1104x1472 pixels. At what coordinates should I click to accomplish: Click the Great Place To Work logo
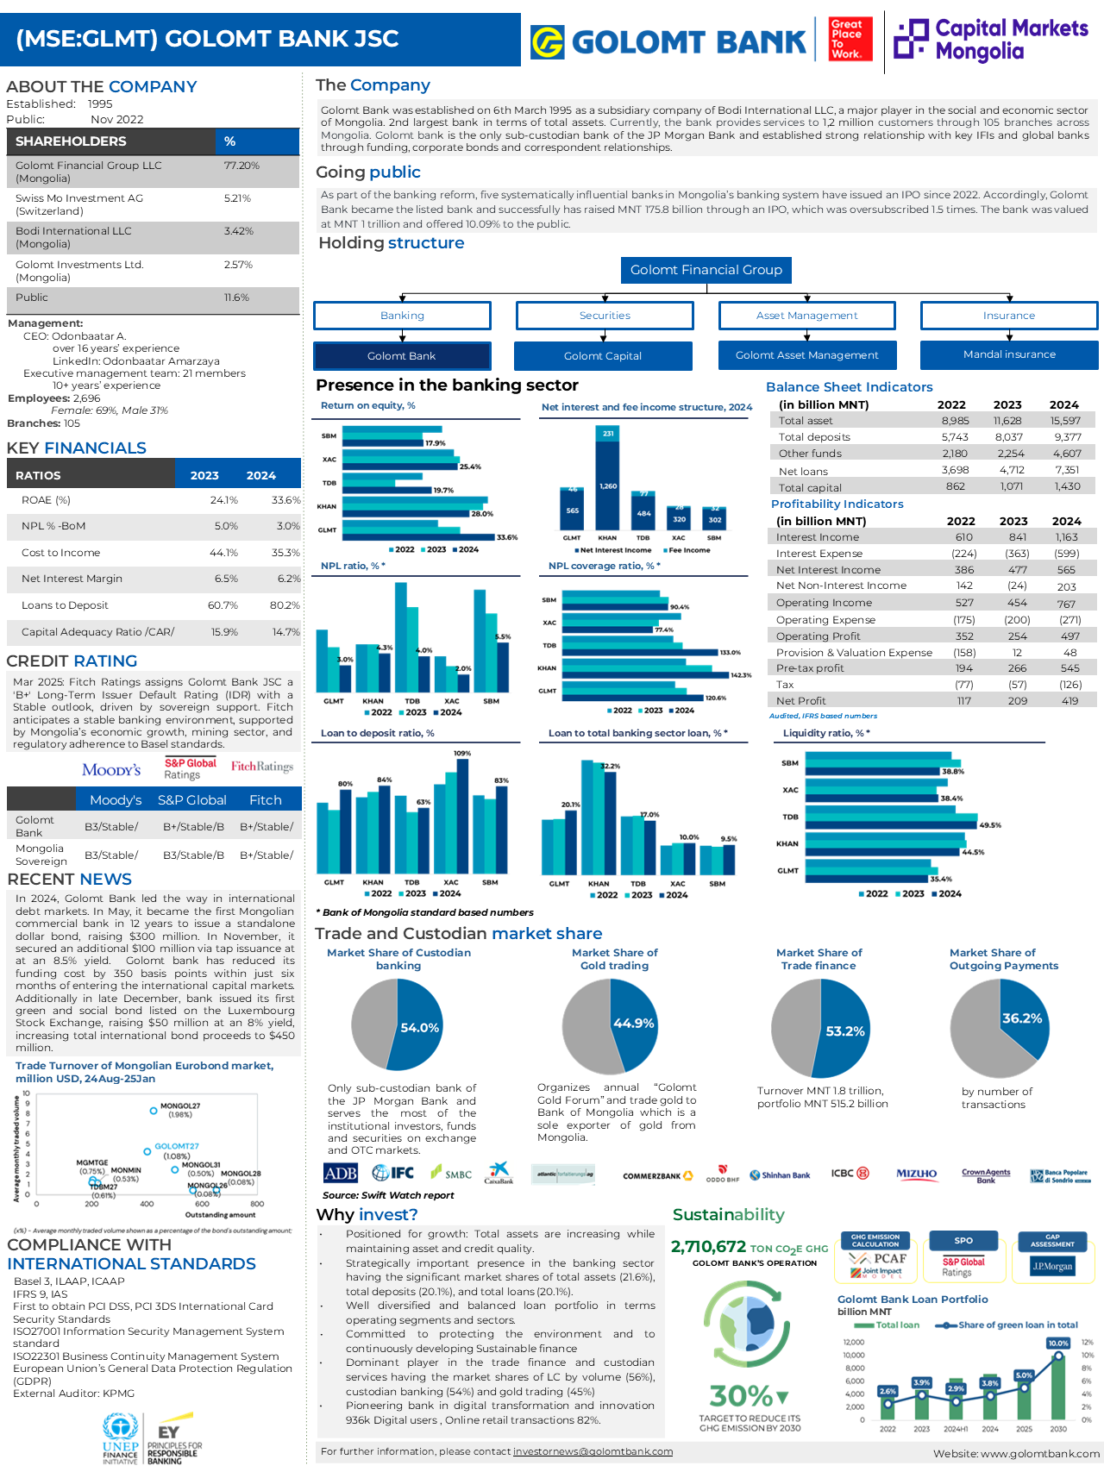click(850, 40)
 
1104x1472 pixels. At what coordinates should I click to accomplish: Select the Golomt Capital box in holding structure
click(603, 355)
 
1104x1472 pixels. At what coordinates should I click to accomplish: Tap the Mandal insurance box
click(1009, 354)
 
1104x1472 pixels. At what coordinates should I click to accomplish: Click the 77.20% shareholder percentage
click(241, 166)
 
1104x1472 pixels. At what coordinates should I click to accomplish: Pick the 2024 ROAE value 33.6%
click(285, 500)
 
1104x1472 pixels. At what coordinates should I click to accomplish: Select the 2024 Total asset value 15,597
click(1065, 421)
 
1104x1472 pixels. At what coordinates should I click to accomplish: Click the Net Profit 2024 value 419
click(1069, 701)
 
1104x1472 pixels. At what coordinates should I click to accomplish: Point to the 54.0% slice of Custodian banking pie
click(419, 1027)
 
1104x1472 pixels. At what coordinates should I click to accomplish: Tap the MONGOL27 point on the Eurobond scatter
click(154, 1110)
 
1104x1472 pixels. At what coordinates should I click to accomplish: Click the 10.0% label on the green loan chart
click(1058, 1343)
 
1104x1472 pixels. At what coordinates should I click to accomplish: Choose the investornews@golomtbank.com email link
click(593, 1451)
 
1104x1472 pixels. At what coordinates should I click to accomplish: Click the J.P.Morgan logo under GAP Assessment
click(1052, 1266)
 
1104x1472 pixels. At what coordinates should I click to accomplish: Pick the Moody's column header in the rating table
click(116, 800)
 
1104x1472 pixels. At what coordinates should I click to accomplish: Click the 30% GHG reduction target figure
click(742, 1395)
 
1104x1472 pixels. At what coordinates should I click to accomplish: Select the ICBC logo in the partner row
click(850, 1174)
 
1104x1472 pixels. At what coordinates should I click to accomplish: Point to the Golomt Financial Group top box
click(706, 270)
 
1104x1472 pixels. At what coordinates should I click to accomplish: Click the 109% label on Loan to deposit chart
click(462, 754)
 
